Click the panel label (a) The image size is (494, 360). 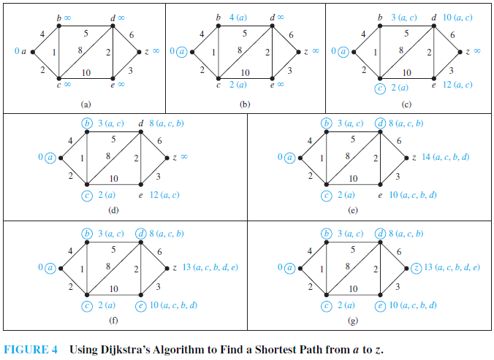85,104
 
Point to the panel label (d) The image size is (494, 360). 113,212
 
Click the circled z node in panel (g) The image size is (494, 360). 417,267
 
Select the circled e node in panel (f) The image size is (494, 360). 140,305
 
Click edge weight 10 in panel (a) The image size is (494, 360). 85,72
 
